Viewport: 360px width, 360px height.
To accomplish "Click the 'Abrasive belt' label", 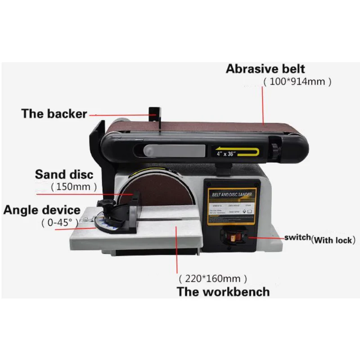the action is pyautogui.click(x=265, y=69).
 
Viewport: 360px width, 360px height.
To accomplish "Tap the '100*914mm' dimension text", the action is pyautogui.click(x=297, y=82).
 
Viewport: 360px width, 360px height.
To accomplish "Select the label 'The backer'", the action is pyautogui.click(x=54, y=114).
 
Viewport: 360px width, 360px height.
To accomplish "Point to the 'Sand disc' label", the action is pyautogui.click(x=64, y=174).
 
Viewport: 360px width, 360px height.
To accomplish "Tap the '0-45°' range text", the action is pyautogui.click(x=59, y=222).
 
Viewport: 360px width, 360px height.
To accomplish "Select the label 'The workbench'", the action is pyautogui.click(x=223, y=292).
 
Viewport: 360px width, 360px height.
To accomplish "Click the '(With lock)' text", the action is pyautogui.click(x=333, y=240).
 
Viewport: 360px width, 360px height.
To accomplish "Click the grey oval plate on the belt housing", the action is pyautogui.click(x=175, y=150).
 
